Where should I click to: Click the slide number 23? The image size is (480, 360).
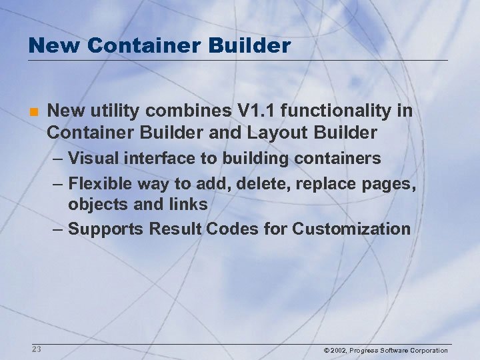(36, 349)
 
